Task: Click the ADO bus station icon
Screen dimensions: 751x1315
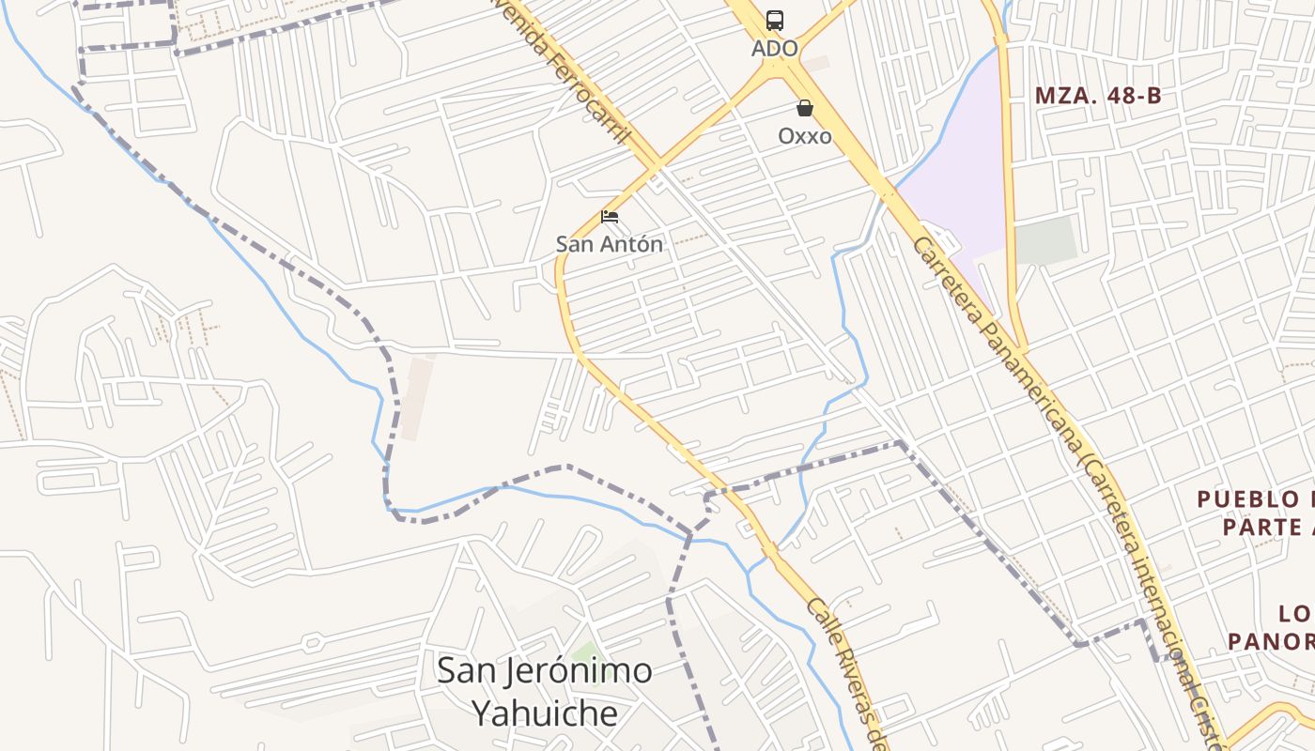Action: (774, 20)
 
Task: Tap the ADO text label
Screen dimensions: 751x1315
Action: (774, 48)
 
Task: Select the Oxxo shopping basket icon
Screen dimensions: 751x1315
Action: (804, 108)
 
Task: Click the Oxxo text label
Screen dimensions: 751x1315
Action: (804, 136)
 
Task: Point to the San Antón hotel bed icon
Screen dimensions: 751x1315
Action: (610, 217)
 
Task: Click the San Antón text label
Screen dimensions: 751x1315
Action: (609, 244)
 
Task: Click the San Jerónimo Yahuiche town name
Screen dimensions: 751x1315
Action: (545, 692)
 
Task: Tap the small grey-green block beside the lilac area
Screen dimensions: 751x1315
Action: (1046, 240)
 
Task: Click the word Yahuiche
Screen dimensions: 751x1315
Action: (545, 713)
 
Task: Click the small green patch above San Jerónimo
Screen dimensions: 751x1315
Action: (586, 651)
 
